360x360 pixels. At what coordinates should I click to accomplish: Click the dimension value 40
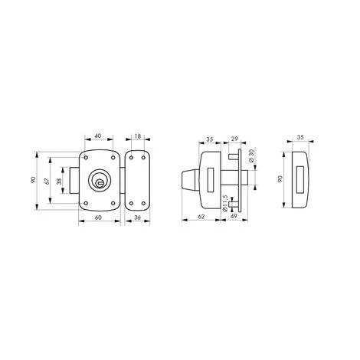pyautogui.click(x=98, y=136)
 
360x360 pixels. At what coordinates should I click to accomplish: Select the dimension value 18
pyautogui.click(x=138, y=136)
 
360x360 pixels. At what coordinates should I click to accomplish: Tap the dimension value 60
pyautogui.click(x=98, y=218)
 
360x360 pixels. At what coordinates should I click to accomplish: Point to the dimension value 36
pyautogui.click(x=137, y=218)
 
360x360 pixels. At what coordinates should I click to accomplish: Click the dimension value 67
pyautogui.click(x=47, y=181)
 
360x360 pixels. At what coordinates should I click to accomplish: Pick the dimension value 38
pyautogui.click(x=59, y=182)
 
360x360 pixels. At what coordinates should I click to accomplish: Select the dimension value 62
pyautogui.click(x=201, y=217)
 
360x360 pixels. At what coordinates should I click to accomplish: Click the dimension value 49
pyautogui.click(x=234, y=216)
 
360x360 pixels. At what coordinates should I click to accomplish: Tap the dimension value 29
pyautogui.click(x=234, y=139)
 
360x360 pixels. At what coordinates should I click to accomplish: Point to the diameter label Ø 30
pyautogui.click(x=251, y=155)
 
